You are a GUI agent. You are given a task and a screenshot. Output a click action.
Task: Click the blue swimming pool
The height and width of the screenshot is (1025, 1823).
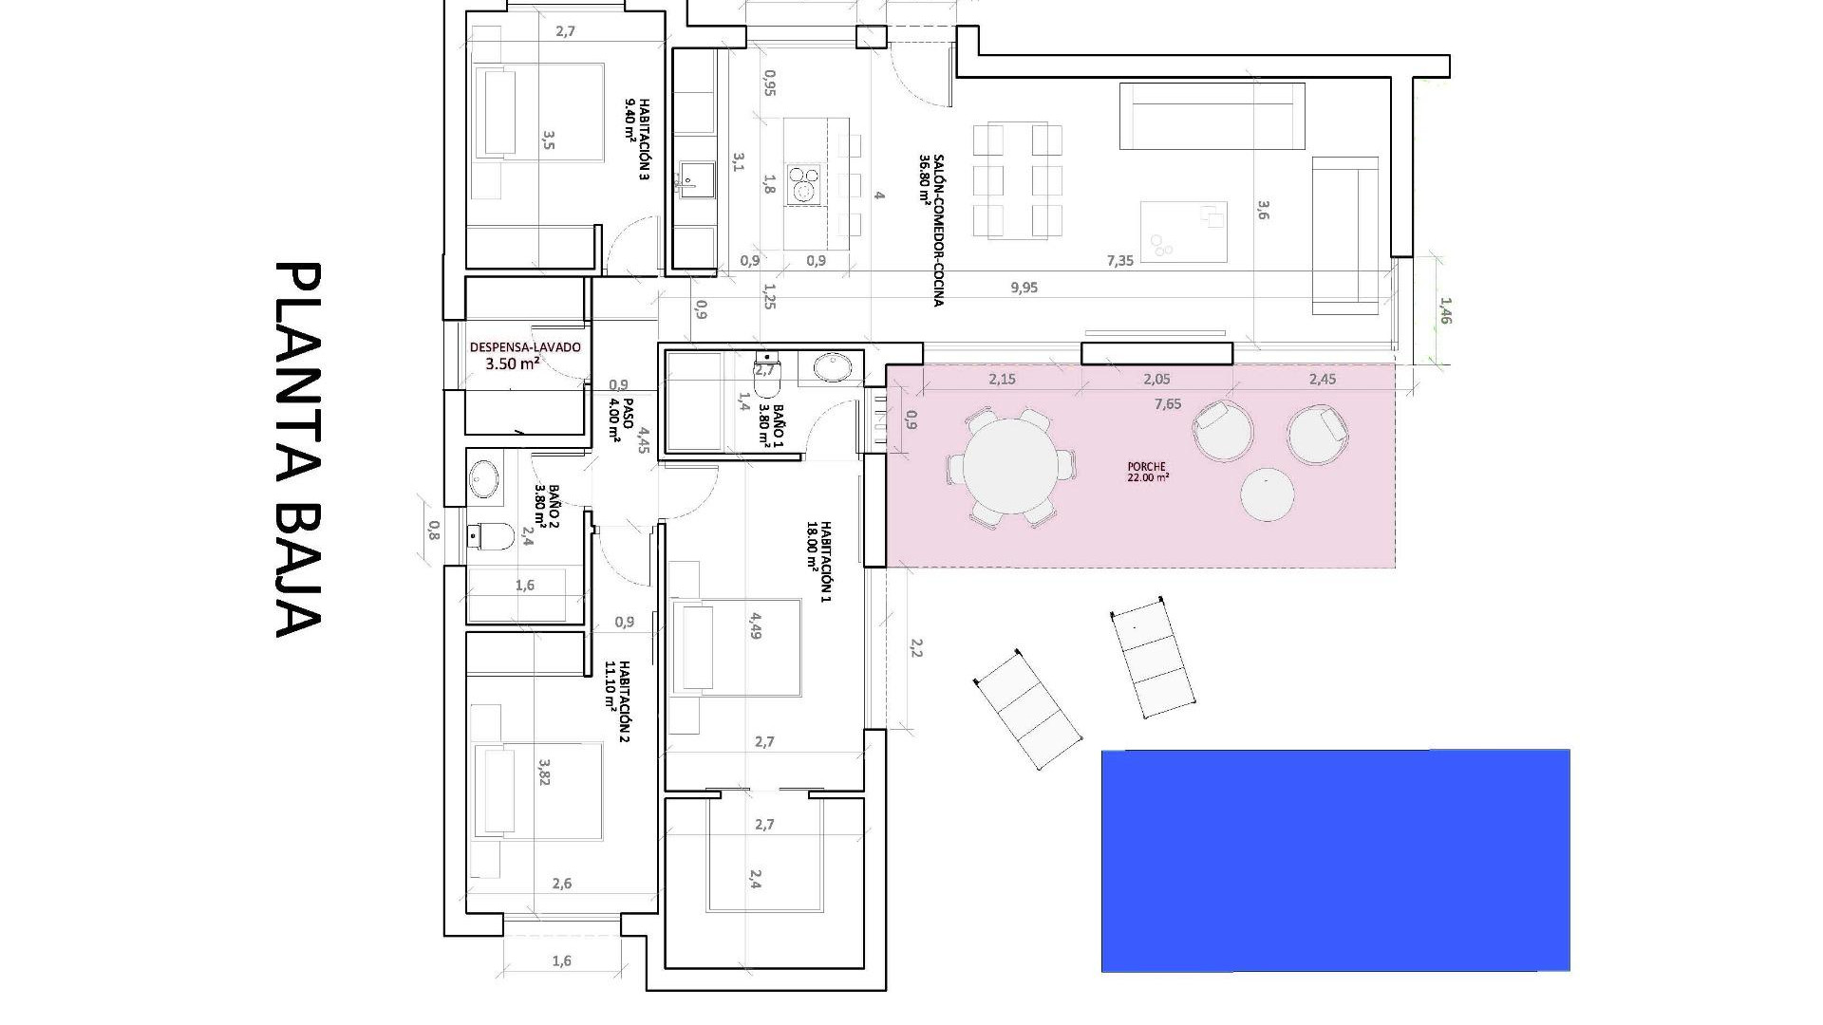click(1335, 860)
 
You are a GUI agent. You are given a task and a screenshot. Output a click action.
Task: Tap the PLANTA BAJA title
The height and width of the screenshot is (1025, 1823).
click(298, 449)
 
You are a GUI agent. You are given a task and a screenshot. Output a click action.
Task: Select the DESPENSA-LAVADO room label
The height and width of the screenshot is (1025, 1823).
click(525, 354)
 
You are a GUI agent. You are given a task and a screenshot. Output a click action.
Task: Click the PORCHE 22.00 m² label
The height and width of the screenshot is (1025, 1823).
click(1147, 472)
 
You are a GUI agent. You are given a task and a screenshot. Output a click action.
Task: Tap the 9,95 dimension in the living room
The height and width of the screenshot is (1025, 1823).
click(1024, 288)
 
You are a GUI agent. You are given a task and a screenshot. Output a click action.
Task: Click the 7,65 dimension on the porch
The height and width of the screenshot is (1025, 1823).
click(1168, 404)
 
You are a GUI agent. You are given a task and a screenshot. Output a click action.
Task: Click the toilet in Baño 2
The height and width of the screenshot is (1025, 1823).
click(492, 537)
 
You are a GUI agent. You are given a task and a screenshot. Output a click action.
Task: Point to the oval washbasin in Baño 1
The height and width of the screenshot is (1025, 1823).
click(835, 365)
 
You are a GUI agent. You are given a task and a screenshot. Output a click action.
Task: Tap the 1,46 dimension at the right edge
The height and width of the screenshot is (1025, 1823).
click(1445, 310)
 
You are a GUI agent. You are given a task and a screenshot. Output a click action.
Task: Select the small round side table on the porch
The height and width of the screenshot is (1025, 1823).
click(1267, 494)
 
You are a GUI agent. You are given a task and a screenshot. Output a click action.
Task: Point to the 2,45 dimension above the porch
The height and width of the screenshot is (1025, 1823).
click(1322, 379)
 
